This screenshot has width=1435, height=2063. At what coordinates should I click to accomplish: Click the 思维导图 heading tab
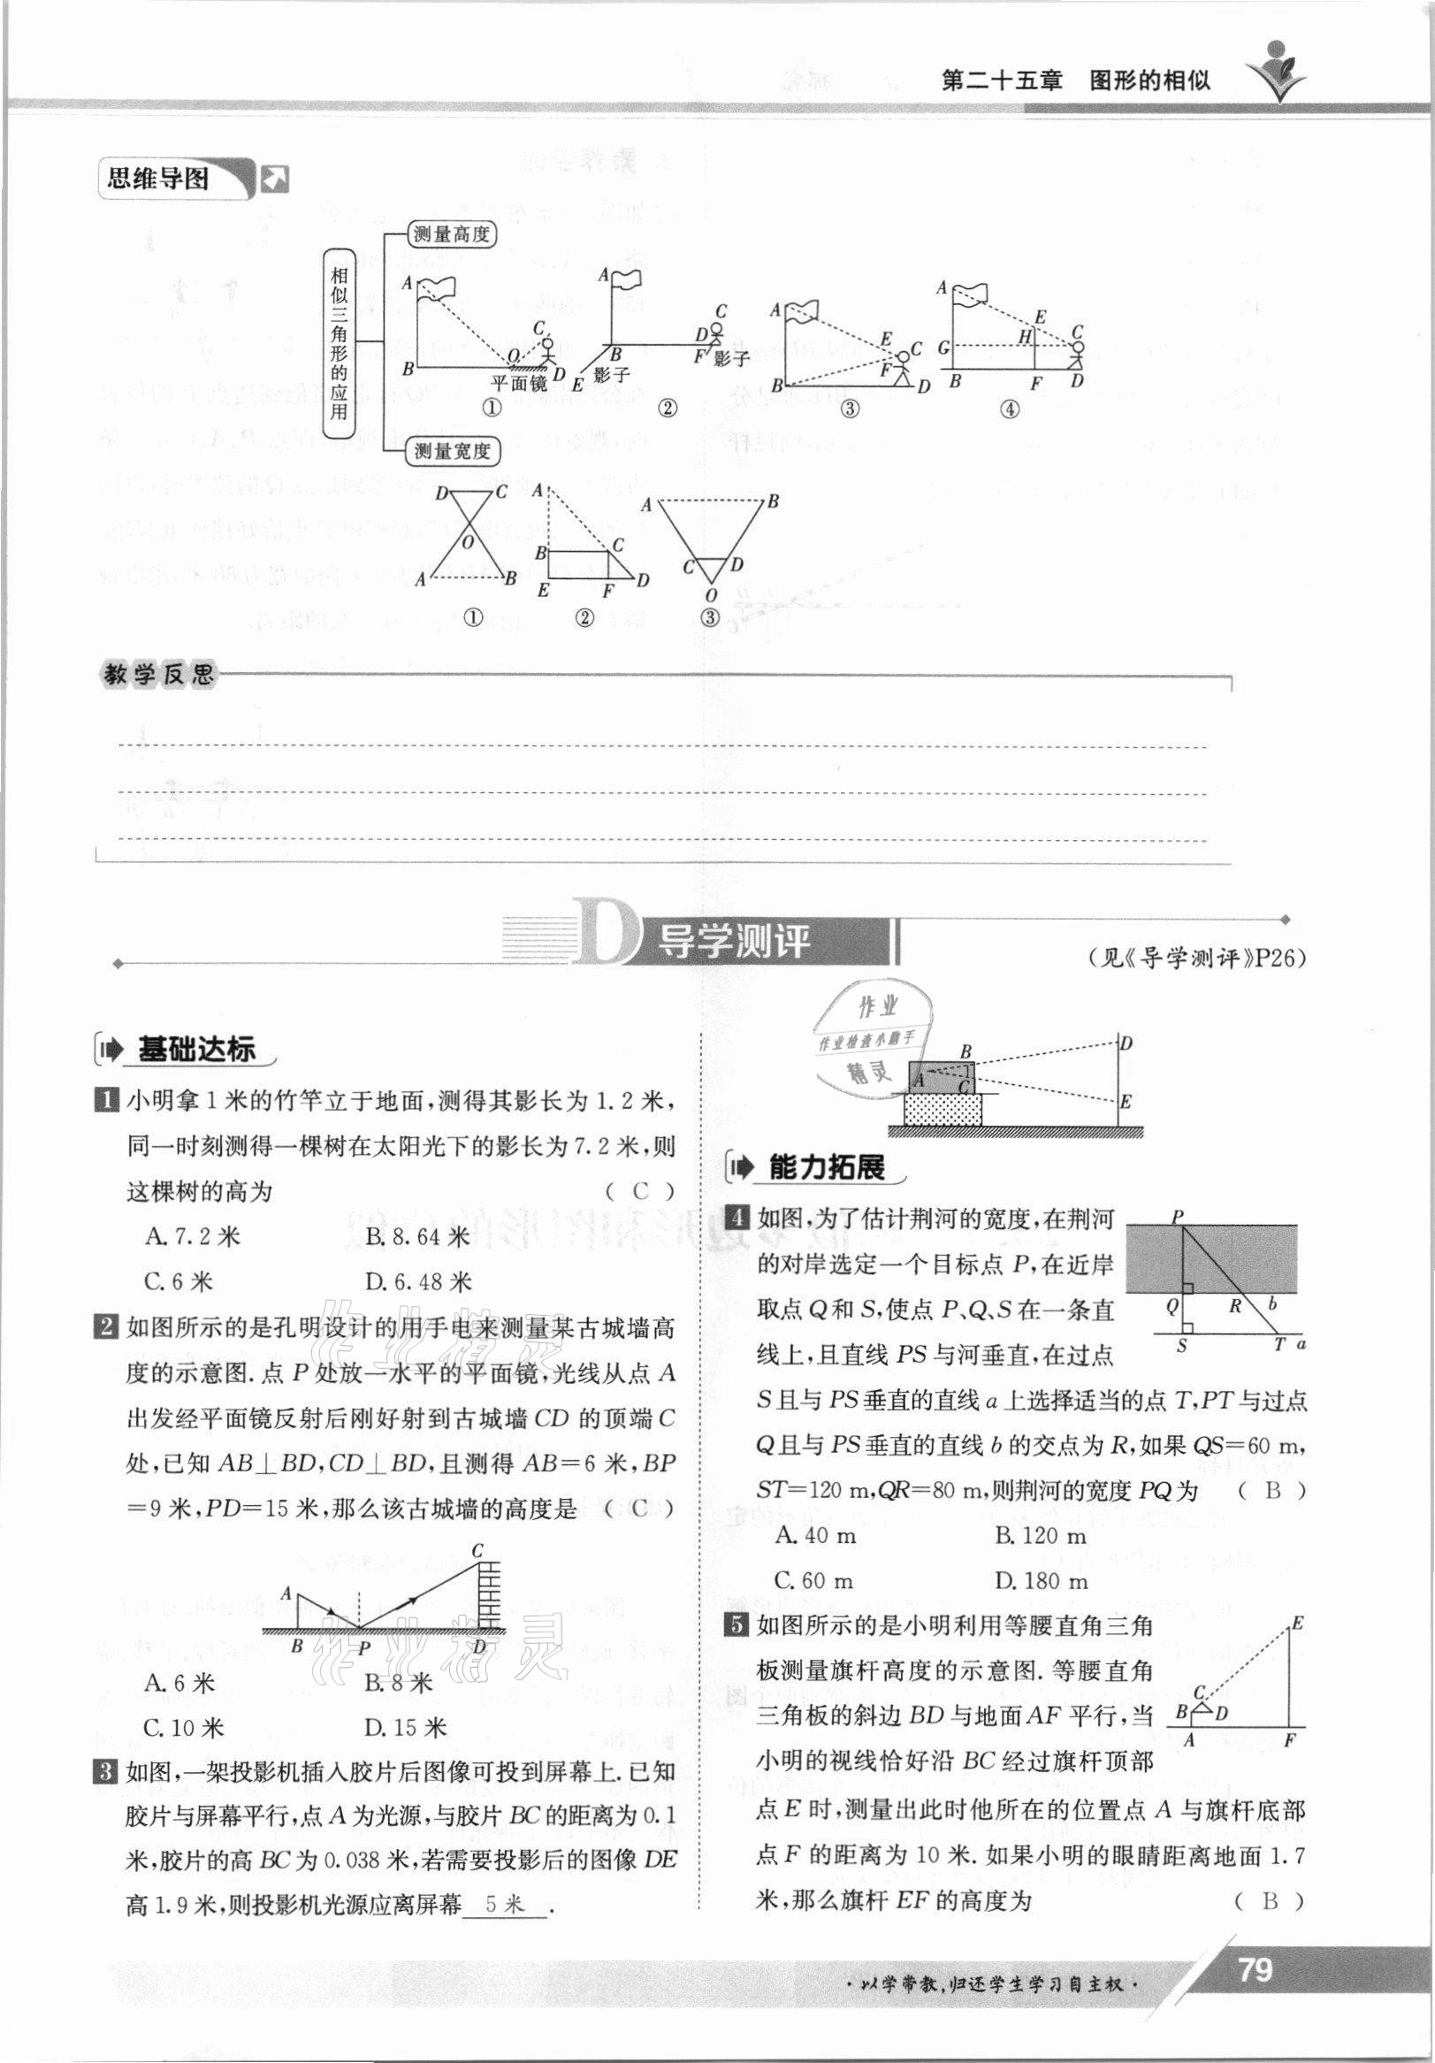click(x=158, y=179)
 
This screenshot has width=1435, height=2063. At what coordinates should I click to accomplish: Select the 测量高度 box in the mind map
click(x=452, y=235)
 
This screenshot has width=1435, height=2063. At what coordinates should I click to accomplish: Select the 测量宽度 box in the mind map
click(x=452, y=451)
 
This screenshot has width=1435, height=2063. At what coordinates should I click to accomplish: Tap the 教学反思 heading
click(x=159, y=675)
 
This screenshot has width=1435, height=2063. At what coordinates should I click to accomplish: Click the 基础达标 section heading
click(x=196, y=1049)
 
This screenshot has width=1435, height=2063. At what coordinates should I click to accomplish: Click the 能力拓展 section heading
click(x=827, y=1167)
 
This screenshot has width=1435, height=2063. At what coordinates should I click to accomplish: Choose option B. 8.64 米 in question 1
click(x=417, y=1237)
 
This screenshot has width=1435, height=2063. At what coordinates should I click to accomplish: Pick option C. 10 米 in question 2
click(x=183, y=1727)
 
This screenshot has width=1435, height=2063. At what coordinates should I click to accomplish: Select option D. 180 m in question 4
click(x=1041, y=1580)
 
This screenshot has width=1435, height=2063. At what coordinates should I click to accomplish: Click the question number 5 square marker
click(x=736, y=1624)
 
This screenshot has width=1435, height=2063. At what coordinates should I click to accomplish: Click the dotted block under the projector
click(x=943, y=1111)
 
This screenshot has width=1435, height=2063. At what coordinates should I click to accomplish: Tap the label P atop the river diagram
click(x=1177, y=1218)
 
